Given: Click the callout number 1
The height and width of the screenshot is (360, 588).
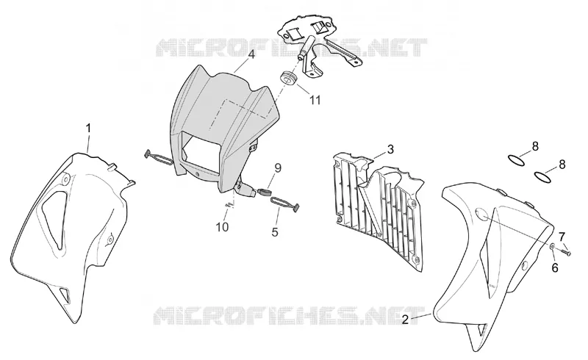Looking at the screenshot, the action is pyautogui.click(x=88, y=129).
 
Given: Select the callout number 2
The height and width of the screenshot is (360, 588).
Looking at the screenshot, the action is pyautogui.click(x=405, y=320).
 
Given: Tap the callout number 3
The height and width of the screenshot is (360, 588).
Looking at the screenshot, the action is pyautogui.click(x=390, y=149).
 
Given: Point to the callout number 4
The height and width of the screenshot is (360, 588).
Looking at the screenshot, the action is pyautogui.click(x=251, y=55).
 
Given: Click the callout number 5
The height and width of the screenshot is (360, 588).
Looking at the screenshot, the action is pyautogui.click(x=275, y=232).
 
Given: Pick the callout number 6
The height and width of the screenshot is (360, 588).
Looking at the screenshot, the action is pyautogui.click(x=555, y=267).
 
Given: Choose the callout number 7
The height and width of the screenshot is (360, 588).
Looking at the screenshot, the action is pyautogui.click(x=562, y=237).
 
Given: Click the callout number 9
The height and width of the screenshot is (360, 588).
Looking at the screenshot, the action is pyautogui.click(x=278, y=168).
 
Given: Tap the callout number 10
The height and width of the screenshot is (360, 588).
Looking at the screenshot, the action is pyautogui.click(x=222, y=227).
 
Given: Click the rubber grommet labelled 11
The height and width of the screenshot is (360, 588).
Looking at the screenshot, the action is pyautogui.click(x=288, y=78).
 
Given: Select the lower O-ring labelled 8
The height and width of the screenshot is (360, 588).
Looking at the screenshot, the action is pyautogui.click(x=543, y=176).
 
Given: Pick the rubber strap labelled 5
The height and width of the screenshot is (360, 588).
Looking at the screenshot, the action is pyautogui.click(x=285, y=203).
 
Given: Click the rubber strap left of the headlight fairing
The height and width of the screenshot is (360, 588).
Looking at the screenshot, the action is pyautogui.click(x=159, y=157).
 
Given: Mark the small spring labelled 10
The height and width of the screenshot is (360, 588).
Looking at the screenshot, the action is pyautogui.click(x=230, y=204).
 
